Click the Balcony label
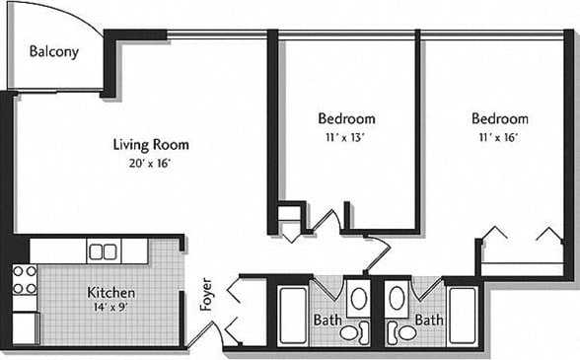click(53, 52)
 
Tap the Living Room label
click(150, 145)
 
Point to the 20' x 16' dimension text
click(150, 163)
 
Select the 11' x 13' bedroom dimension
click(346, 137)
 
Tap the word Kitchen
click(110, 293)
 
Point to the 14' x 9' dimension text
click(110, 309)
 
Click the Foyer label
click(206, 293)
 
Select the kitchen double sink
click(103, 252)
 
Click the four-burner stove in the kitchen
click(25, 279)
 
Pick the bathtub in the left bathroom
click(293, 315)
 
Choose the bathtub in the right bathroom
click(462, 315)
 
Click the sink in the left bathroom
click(358, 298)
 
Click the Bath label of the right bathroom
click(428, 321)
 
